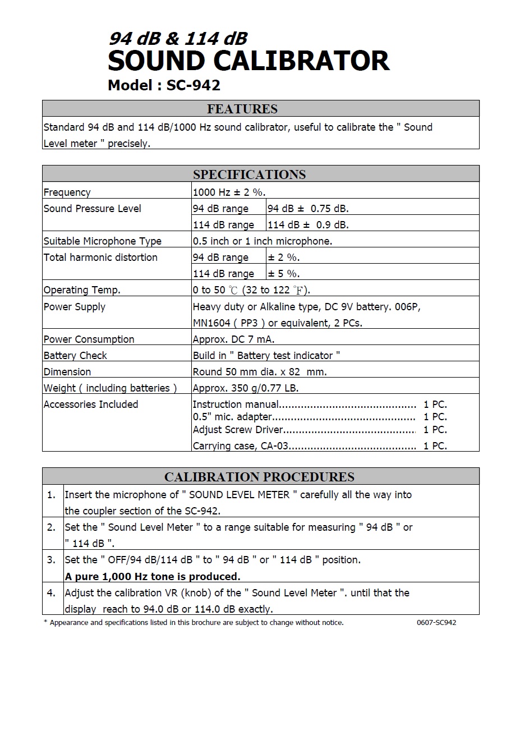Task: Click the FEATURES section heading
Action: click(242, 109)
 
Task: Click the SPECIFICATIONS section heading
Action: click(250, 174)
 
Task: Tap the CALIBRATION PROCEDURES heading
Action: click(259, 477)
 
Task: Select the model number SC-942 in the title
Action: click(193, 85)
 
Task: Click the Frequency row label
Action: click(67, 192)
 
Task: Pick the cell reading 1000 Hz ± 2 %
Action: click(229, 192)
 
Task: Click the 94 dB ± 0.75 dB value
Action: click(308, 209)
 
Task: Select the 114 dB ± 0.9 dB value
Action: click(308, 225)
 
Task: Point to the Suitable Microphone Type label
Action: click(103, 241)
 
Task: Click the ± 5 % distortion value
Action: click(284, 274)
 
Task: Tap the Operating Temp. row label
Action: click(82, 290)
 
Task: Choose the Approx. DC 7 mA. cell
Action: click(233, 339)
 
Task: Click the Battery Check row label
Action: click(75, 356)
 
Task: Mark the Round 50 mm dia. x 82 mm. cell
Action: click(260, 372)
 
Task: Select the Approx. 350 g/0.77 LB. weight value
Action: click(246, 388)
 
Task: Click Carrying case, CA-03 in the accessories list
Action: click(241, 446)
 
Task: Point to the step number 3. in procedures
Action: click(52, 560)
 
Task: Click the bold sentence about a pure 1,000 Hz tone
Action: click(153, 577)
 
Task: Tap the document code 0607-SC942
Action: click(436, 623)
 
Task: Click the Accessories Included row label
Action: click(91, 405)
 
